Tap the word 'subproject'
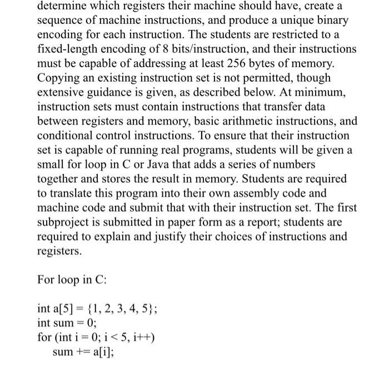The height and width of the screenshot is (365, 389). tap(66, 222)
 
